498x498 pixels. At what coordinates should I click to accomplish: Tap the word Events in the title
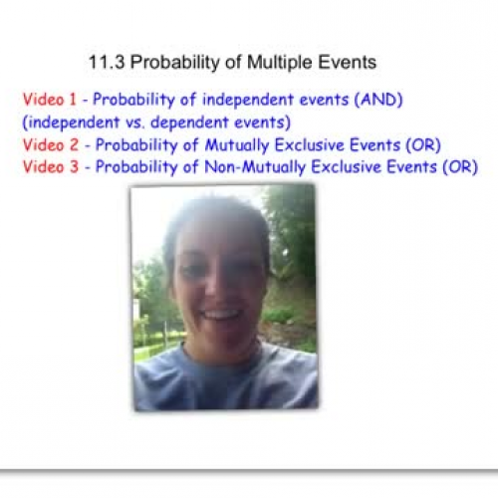pos(348,62)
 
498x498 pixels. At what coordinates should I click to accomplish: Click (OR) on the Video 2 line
pos(418,145)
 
